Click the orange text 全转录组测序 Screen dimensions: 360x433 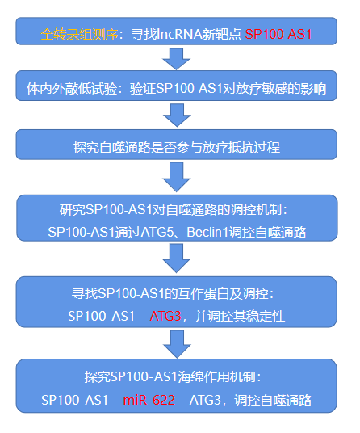pos(79,34)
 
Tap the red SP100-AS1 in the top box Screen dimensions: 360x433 pos(278,34)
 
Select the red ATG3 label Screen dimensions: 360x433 pos(165,316)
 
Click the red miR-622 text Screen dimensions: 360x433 pos(149,400)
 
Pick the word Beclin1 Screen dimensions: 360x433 pos(207,232)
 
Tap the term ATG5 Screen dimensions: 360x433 pos(157,232)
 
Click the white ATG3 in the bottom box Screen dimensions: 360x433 pos(206,400)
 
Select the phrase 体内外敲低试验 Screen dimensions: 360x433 pos(72,89)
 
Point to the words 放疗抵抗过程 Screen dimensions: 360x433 pos(241,147)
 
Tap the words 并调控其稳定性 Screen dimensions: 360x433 pos(240,316)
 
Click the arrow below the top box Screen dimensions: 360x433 pos(176,59)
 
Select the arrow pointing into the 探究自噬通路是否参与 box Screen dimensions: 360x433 pos(177,116)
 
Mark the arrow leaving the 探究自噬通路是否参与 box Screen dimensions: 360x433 pos(177,177)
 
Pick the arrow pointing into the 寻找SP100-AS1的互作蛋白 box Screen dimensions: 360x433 pos(176,259)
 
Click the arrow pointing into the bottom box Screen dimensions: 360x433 pos(177,344)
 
